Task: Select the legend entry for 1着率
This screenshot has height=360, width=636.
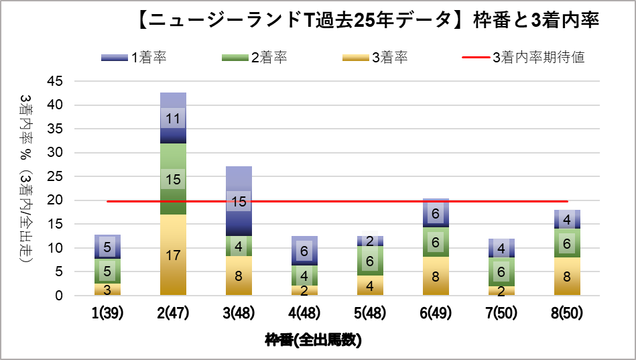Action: pos(133,58)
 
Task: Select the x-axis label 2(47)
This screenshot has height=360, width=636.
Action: pos(173,313)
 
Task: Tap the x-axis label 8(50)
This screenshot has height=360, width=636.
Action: pos(567,313)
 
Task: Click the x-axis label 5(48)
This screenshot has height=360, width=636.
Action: pos(370,313)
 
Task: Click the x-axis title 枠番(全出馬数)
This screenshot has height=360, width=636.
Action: pos(313,340)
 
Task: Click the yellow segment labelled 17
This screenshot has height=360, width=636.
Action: pos(173,255)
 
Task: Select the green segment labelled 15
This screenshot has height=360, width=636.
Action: pos(173,179)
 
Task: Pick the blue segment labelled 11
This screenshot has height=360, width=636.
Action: pos(173,119)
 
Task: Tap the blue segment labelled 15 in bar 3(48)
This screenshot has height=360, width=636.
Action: pos(239,201)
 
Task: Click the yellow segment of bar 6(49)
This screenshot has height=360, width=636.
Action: pos(436,276)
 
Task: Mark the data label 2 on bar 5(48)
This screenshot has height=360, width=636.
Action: pos(370,241)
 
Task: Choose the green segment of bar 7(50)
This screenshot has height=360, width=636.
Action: pos(501,272)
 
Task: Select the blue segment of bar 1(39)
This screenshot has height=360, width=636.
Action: pos(107,247)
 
